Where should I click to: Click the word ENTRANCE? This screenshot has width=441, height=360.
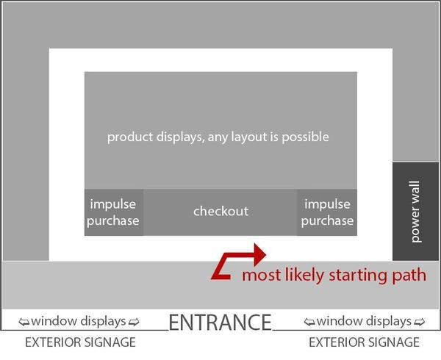(x=220, y=322)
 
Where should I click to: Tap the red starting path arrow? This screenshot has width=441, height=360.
(x=235, y=262)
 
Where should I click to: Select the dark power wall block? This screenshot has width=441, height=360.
(x=415, y=211)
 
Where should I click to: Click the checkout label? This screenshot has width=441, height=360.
(x=220, y=212)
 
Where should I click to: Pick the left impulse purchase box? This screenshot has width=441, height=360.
(x=114, y=212)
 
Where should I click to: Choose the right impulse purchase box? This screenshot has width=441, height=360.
(x=327, y=212)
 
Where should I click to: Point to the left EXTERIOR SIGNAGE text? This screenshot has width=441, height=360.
(x=80, y=342)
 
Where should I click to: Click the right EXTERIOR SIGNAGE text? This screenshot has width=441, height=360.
(x=364, y=342)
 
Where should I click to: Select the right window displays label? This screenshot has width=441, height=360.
(x=364, y=321)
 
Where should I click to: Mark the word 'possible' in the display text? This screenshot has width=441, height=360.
(x=307, y=137)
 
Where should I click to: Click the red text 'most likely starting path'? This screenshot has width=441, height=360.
(x=334, y=276)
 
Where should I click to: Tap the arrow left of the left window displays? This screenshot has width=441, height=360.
(x=23, y=322)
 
